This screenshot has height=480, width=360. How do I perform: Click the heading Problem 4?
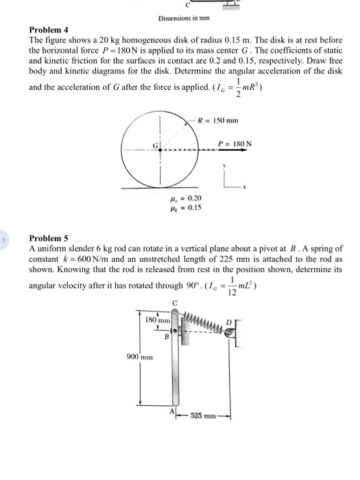(x=49, y=30)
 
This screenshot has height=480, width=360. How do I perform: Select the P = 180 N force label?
(x=235, y=144)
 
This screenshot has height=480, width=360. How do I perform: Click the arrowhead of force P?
(x=256, y=153)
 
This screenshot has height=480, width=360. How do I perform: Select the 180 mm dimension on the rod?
(x=157, y=320)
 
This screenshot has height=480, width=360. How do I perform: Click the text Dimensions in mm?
(x=182, y=19)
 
